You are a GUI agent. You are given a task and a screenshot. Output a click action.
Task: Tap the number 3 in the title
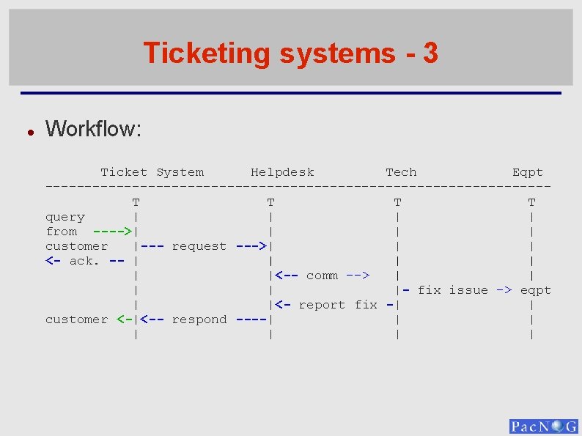pos(430,53)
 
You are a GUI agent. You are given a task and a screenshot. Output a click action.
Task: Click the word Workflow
pos(93,129)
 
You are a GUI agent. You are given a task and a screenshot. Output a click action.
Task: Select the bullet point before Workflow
pos(29,132)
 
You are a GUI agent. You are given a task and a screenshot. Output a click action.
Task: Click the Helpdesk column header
pos(282,172)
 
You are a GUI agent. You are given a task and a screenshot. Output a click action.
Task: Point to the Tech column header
pos(401,172)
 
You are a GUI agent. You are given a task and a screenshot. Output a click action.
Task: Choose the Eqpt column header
pos(528,172)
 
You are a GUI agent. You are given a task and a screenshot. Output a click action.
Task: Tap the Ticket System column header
pos(152,172)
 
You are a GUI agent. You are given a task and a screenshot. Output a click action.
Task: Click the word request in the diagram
pos(199,246)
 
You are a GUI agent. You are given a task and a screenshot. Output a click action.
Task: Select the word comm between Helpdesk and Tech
pos(322,276)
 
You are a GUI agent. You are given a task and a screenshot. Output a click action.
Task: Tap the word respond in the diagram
pos(199,319)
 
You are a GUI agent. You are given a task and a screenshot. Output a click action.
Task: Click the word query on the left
pos(65,217)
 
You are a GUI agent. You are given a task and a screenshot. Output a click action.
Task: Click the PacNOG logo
pos(543,426)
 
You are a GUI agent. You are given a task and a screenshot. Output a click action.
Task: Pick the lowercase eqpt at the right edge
pos(536,290)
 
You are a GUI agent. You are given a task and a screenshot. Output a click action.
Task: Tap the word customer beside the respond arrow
pos(76,319)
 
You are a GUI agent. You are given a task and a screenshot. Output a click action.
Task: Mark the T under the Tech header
pos(397,202)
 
